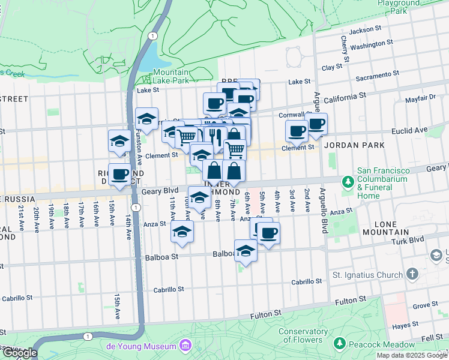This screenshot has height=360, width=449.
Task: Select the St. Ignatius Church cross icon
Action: point(412,274)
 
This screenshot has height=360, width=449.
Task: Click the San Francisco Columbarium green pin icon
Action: point(347,181)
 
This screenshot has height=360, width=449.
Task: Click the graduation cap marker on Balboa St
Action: point(245,251)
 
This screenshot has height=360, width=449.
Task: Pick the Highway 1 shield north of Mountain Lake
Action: point(153,36)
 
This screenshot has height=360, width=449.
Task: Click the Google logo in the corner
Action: point(19,353)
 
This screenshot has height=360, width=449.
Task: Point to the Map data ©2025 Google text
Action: point(412,355)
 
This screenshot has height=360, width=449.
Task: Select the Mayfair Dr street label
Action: point(420,99)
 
